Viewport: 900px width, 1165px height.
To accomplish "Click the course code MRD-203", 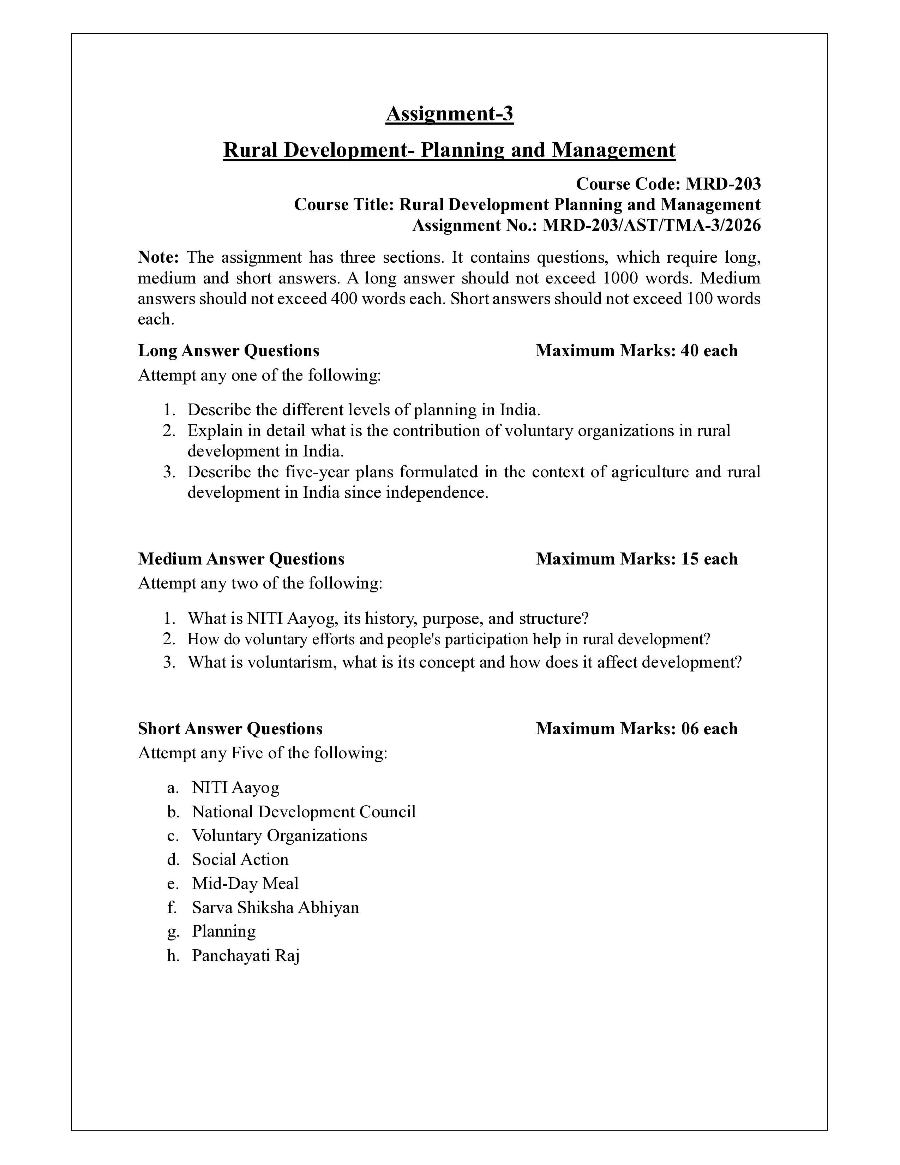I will point(723,184).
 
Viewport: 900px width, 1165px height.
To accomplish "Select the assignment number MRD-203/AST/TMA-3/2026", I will point(652,226).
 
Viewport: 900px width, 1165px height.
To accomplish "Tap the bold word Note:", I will point(158,258).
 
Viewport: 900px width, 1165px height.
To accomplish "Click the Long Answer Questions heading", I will point(229,351).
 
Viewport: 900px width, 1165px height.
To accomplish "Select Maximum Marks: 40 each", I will point(637,351).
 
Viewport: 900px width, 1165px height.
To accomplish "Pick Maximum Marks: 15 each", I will point(637,559).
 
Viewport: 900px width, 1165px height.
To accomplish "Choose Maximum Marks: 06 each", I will point(637,729).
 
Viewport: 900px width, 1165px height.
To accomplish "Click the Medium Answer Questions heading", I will point(241,559).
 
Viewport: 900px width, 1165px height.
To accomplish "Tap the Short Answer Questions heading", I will point(230,729).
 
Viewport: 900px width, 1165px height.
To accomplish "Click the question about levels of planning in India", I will point(364,410).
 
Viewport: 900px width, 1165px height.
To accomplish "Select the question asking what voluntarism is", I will point(464,663).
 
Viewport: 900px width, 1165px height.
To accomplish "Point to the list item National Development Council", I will point(304,812).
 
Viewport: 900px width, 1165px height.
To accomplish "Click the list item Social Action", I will point(240,859).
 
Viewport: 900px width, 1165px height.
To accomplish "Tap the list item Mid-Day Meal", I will point(245,883).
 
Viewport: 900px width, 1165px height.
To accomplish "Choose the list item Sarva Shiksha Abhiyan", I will point(275,907).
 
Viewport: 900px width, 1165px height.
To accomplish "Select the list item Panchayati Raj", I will point(246,955).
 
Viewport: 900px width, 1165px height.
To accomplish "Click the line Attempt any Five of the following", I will point(262,753).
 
